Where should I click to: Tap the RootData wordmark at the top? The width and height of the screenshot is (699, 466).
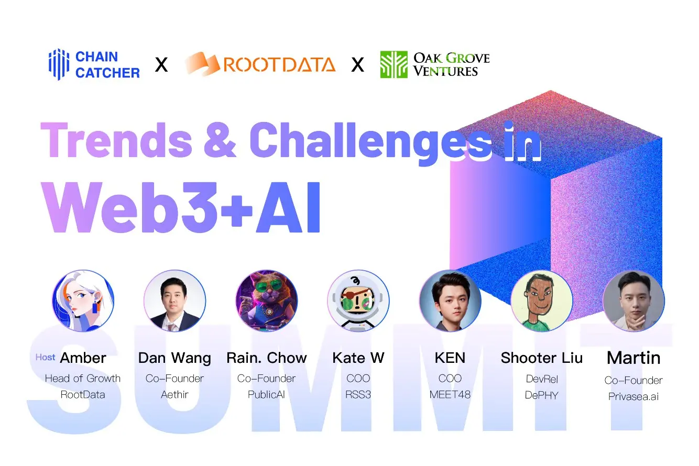tap(279, 64)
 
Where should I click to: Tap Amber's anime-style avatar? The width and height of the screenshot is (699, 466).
tap(83, 301)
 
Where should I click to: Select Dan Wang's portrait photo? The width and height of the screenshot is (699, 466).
tap(174, 301)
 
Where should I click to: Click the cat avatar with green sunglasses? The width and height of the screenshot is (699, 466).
tap(266, 301)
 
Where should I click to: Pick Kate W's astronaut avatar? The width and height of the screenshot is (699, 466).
tap(358, 301)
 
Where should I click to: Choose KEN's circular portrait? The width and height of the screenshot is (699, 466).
tap(450, 301)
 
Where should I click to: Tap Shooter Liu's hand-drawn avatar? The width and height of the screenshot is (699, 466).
tap(541, 301)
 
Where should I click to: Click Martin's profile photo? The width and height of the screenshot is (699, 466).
tap(634, 301)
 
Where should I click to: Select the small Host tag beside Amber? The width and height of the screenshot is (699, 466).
tap(45, 357)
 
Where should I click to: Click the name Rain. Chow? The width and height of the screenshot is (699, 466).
tap(266, 358)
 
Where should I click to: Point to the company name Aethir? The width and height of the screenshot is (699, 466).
tap(174, 394)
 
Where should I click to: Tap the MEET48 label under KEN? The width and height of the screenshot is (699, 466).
tap(450, 394)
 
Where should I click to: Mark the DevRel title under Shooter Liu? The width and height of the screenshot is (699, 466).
tap(541, 379)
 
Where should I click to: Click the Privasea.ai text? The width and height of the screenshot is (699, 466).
tap(634, 396)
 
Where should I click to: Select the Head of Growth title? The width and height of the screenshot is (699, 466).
tap(83, 379)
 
